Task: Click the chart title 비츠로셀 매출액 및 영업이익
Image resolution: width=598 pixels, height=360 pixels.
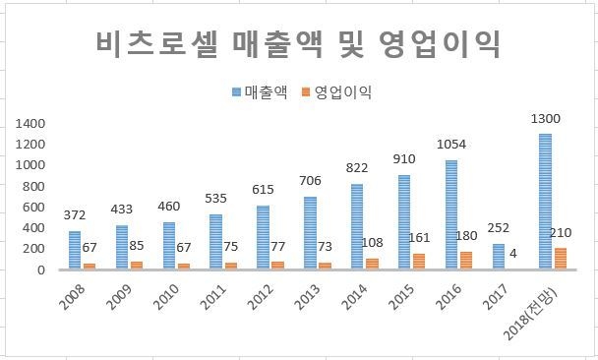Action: pyautogui.click(x=298, y=44)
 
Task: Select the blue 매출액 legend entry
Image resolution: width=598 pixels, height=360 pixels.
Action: pyautogui.click(x=260, y=92)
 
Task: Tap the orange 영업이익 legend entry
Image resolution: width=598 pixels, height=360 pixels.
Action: pyautogui.click(x=336, y=92)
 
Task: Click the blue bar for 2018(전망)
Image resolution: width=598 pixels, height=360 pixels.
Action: pyautogui.click(x=545, y=202)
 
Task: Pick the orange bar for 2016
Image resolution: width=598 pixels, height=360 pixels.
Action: pyautogui.click(x=466, y=261)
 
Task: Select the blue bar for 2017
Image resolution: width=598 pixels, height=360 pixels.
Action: pyautogui.click(x=499, y=257)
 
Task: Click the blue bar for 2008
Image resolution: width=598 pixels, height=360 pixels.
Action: pyautogui.click(x=75, y=250)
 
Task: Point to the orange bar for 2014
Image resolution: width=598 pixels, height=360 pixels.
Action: pyautogui.click(x=372, y=265)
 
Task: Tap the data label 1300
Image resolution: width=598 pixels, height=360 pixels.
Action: pyautogui.click(x=545, y=119)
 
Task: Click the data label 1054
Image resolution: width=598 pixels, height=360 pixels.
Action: pyautogui.click(x=451, y=145)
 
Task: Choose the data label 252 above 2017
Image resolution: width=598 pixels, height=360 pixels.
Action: pyautogui.click(x=498, y=228)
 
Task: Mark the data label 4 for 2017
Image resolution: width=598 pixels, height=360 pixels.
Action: pyautogui.click(x=513, y=254)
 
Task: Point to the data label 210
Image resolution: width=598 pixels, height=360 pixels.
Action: pyautogui.click(x=561, y=233)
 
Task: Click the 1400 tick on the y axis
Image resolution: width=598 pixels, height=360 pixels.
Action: pyautogui.click(x=30, y=124)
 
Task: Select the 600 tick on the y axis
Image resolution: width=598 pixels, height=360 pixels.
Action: pyautogui.click(x=33, y=208)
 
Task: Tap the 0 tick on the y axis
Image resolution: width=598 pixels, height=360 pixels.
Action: pyautogui.click(x=40, y=270)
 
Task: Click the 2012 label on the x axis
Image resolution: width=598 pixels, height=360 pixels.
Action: pyautogui.click(x=261, y=297)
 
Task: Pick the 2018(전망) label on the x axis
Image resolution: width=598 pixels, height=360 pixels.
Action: pyautogui.click(x=530, y=313)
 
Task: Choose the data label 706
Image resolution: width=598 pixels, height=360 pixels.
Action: pyautogui.click(x=310, y=180)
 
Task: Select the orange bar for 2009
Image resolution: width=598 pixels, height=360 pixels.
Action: pyautogui.click(x=137, y=266)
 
